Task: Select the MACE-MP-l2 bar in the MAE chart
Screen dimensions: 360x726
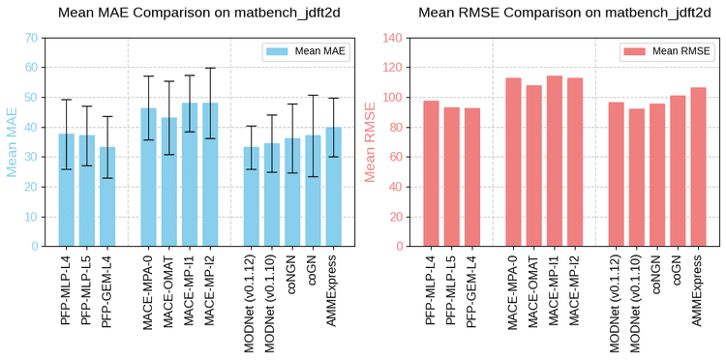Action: tap(210, 174)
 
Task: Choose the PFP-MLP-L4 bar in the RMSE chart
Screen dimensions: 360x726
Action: tap(431, 173)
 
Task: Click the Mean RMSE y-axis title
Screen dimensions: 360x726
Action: tap(370, 141)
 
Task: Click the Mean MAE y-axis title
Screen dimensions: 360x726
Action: tap(13, 141)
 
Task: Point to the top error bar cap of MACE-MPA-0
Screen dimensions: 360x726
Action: tap(148, 76)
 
